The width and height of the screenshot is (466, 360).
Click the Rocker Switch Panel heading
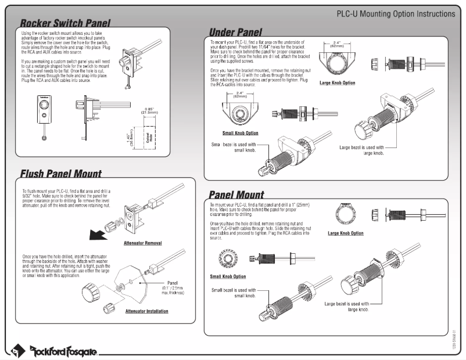65,23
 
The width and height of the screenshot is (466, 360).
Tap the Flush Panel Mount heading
60,173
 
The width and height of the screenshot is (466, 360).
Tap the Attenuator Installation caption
146,311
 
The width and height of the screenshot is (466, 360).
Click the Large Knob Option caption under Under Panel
338,83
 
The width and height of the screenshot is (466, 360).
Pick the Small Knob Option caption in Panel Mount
228,276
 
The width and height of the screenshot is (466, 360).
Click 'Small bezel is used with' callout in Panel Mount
234,292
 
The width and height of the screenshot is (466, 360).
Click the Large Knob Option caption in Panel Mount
346,233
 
